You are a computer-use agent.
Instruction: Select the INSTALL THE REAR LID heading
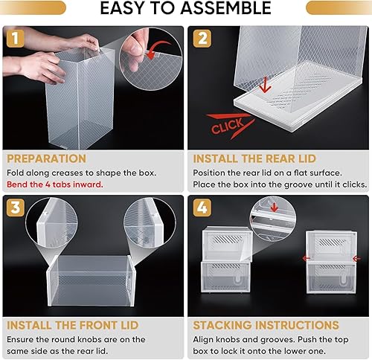[x=255, y=158]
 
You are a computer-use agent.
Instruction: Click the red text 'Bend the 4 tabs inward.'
[x=56, y=184]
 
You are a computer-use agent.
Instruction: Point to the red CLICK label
[x=228, y=128]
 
